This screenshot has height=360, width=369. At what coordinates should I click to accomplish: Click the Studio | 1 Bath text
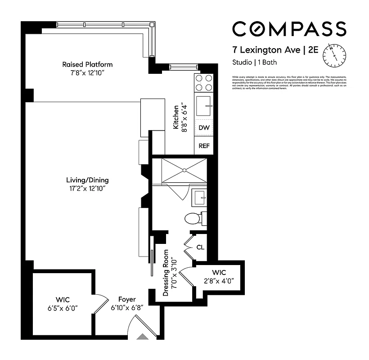[254, 63]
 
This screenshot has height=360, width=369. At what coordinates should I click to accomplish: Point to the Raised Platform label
[87, 64]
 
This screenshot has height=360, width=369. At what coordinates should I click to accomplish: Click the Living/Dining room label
[87, 180]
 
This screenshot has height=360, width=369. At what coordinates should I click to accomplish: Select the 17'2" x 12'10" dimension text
[87, 189]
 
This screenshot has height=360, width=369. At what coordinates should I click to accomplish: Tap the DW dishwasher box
[203, 128]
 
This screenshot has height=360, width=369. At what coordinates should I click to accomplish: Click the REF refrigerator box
[203, 146]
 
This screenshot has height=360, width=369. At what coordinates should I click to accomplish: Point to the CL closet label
[200, 247]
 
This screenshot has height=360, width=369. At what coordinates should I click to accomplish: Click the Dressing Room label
[166, 273]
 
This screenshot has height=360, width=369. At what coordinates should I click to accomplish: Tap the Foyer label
[127, 299]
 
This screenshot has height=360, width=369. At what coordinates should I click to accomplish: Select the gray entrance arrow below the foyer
[143, 336]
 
